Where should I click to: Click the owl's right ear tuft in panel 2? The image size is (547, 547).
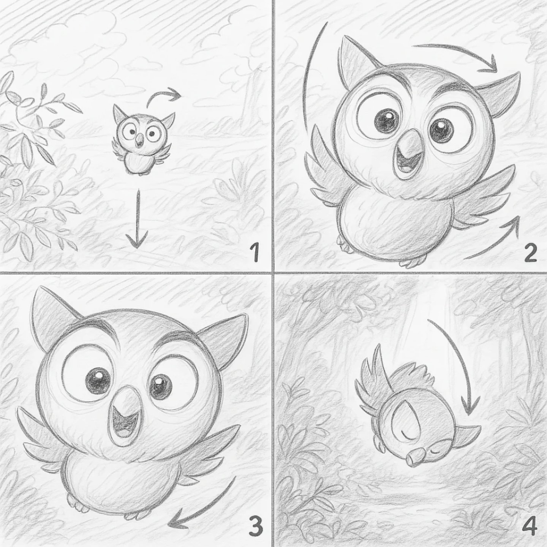pos(503,94)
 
